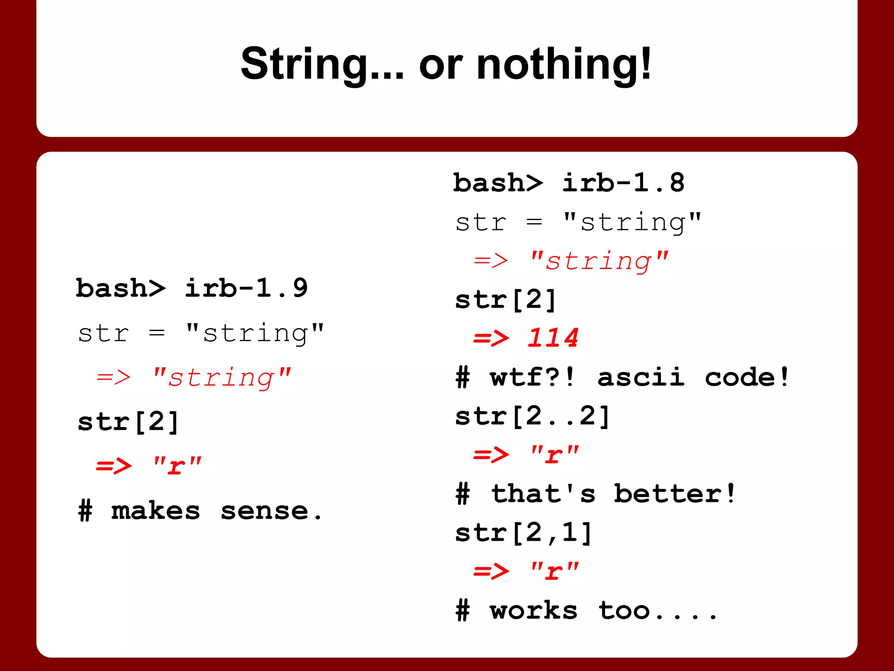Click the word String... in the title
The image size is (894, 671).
point(322,65)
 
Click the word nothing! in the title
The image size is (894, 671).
point(564,65)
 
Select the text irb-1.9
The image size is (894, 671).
point(246,288)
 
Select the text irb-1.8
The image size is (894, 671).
point(623,183)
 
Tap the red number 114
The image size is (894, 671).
point(553,338)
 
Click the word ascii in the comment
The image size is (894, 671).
point(640,377)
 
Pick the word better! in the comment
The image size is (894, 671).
point(674,494)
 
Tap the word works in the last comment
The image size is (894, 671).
point(533,610)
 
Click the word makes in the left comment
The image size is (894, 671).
point(155,511)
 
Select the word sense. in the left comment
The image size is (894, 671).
point(271,511)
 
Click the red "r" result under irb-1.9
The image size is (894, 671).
point(177,466)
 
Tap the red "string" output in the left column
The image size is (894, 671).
point(221,377)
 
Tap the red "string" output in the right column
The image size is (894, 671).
point(598,261)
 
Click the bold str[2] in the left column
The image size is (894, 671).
point(128,422)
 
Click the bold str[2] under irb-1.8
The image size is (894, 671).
point(505,300)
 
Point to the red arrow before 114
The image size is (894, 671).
point(491,338)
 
